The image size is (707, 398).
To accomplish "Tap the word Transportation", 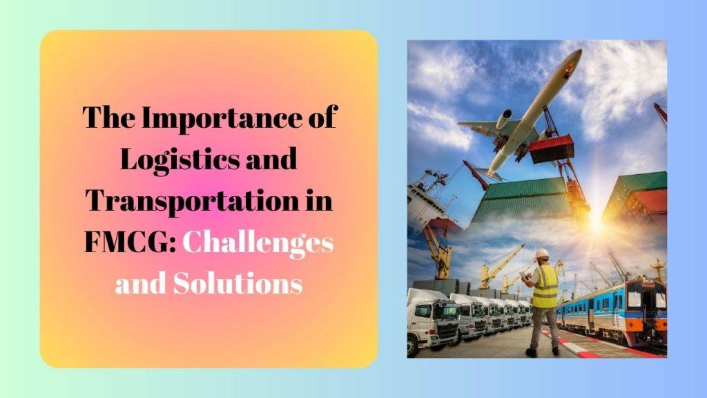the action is pos(193,201).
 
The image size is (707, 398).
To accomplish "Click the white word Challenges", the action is pos(258,244).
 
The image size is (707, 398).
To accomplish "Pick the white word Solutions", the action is pos(238,283).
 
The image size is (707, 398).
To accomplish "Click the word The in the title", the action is pos(109,117).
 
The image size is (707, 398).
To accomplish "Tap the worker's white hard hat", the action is pos(541,253).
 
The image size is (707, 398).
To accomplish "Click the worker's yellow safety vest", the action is pos(545,287).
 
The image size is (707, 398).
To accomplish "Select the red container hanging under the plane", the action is pos(551,149).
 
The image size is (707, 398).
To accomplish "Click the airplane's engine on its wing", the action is pos(503,119).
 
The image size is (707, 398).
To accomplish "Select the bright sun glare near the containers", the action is pos(596,222).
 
